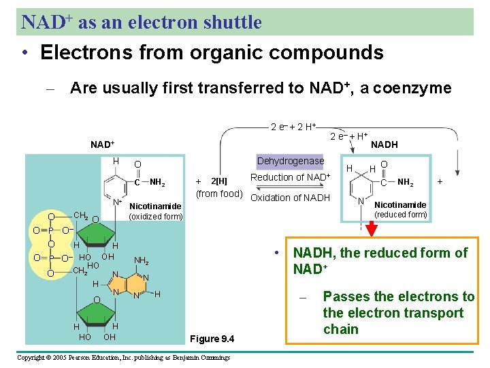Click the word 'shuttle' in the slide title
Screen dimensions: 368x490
tap(232, 22)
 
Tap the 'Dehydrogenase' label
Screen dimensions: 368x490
tap(290, 162)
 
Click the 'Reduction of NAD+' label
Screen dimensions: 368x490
tap(290, 178)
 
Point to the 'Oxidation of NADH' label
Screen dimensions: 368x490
tap(290, 198)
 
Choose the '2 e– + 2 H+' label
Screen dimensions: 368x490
tap(293, 127)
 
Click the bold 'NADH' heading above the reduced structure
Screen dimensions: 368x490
tap(385, 144)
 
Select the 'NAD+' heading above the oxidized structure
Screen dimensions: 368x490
tap(103, 145)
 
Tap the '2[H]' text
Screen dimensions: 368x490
tap(219, 181)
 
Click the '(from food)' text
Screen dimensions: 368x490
tap(219, 194)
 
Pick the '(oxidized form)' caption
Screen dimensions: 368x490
tap(156, 217)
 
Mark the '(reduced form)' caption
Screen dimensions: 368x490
tap(401, 215)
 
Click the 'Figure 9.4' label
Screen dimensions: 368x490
tap(212, 339)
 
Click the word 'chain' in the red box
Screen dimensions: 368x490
tap(340, 329)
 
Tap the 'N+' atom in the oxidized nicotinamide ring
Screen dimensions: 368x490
tap(117, 202)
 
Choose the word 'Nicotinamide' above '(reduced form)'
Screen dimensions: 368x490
tap(400, 205)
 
